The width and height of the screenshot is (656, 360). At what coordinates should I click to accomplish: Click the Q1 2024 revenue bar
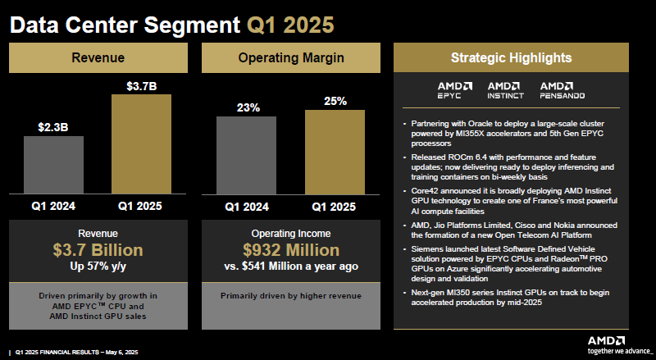[54, 164]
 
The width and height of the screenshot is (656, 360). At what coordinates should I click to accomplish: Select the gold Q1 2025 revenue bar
[141, 144]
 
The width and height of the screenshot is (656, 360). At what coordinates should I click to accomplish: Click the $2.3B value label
[54, 127]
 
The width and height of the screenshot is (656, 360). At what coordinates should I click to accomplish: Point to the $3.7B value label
[141, 85]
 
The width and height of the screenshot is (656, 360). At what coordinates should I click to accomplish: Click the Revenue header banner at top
[98, 58]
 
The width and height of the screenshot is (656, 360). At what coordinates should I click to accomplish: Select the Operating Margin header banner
[290, 58]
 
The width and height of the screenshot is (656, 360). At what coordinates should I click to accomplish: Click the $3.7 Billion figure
[98, 250]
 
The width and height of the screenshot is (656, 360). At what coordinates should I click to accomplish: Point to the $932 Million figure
[290, 250]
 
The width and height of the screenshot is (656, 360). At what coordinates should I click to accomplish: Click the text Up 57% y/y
[98, 266]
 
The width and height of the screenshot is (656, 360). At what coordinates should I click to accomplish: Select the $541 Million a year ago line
[290, 266]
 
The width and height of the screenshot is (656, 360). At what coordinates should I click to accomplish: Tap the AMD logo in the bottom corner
[607, 339]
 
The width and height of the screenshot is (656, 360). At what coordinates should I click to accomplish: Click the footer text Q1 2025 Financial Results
[66, 353]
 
